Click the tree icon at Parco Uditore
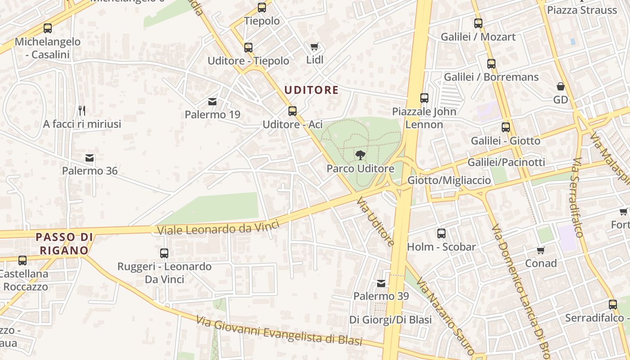click(360, 156)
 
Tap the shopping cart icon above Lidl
click(315, 47)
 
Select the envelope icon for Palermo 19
click(212, 102)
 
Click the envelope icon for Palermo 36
click(90, 158)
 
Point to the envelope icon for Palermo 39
click(381, 283)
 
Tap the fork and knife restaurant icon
click(82, 110)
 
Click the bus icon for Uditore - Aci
click(292, 111)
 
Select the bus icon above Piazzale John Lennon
click(424, 98)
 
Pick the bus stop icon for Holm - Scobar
click(441, 234)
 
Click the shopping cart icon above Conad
click(540, 250)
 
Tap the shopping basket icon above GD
click(561, 86)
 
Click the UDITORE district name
click(311, 90)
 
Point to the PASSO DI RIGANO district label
click(64, 243)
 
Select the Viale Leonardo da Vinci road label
click(218, 227)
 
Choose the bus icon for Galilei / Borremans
click(491, 64)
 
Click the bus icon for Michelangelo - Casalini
click(48, 28)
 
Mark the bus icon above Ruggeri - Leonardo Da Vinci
click(164, 253)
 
